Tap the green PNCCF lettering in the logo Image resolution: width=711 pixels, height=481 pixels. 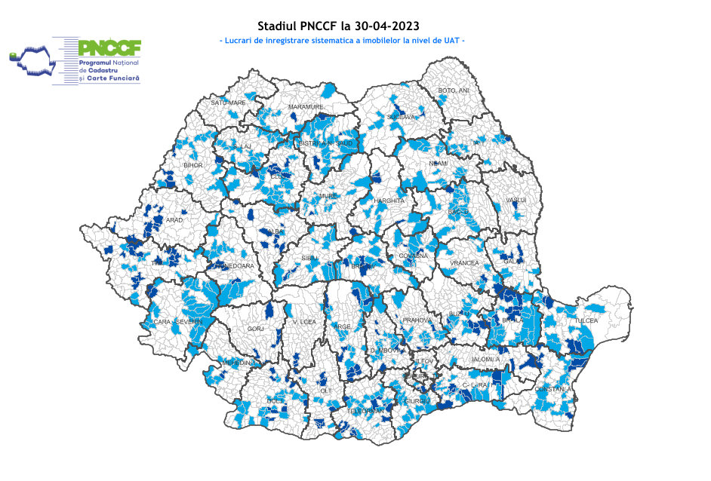110,47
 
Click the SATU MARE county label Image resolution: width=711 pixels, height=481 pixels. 228,102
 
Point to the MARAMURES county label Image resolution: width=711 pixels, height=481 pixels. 306,108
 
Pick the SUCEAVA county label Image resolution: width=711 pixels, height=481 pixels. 401,117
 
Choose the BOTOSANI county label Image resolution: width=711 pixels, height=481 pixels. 454,91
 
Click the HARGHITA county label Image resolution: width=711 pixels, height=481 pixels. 389,201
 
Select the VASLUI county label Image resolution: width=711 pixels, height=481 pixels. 516,200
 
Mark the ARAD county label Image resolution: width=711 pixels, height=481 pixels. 174,220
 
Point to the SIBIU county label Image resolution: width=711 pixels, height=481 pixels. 310,258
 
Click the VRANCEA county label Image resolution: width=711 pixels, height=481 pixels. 464,263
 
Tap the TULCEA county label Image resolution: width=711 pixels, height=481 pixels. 586,320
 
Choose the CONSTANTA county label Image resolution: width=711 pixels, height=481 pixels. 555,389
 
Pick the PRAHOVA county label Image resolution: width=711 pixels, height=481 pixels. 416,320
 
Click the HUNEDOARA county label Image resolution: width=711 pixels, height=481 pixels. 235,266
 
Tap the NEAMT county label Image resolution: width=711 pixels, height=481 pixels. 439,164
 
